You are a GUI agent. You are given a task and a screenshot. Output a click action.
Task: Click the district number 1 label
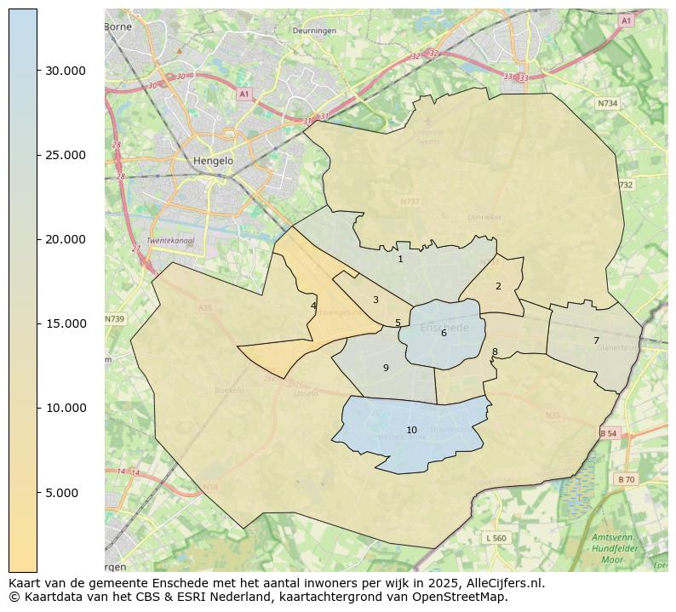[400, 259]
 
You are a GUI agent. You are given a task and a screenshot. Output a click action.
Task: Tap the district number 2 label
[498, 286]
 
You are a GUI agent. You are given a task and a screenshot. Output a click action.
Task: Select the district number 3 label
[375, 300]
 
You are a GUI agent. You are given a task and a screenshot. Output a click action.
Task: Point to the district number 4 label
[313, 306]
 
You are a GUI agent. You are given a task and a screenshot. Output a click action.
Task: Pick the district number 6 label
[444, 333]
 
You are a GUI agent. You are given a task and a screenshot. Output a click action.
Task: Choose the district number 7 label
[596, 340]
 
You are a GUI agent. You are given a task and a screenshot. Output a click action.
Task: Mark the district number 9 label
[386, 368]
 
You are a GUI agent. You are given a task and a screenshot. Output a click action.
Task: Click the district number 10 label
[411, 430]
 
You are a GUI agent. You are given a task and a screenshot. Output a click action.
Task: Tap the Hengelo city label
[212, 160]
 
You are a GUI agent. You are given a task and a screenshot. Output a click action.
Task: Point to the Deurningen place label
[314, 31]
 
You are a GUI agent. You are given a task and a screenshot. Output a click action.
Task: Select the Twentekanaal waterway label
[170, 241]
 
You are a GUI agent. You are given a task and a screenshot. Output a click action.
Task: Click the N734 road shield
[607, 103]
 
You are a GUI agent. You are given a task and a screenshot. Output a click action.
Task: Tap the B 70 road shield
[626, 479]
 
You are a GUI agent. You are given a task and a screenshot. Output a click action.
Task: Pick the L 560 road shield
[496, 538]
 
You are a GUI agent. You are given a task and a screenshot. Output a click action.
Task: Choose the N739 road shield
[114, 319]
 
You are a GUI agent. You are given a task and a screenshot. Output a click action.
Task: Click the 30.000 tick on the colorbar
[66, 71]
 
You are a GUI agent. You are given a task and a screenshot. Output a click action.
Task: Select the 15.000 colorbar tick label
[66, 323]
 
